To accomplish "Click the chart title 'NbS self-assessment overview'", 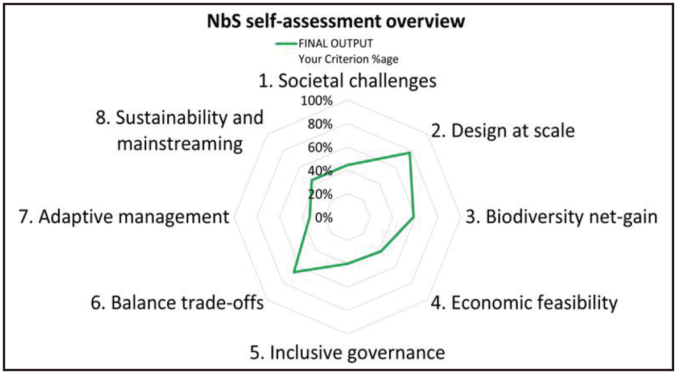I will (337, 22).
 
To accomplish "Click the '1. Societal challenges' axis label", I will (348, 81).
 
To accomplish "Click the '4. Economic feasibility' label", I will (523, 303).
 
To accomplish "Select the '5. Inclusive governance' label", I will (347, 352).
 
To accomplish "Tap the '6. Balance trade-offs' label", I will (176, 303).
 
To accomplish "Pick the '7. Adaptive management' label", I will (134, 217).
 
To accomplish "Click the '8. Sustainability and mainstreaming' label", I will (180, 130).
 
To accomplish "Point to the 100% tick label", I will (317, 101).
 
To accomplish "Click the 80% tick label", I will (320, 125).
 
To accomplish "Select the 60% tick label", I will (320, 148).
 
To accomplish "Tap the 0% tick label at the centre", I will (323, 218).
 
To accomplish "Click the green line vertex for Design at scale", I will (409, 153).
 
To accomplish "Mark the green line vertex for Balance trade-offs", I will (294, 273).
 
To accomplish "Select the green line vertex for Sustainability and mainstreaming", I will (311, 181).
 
